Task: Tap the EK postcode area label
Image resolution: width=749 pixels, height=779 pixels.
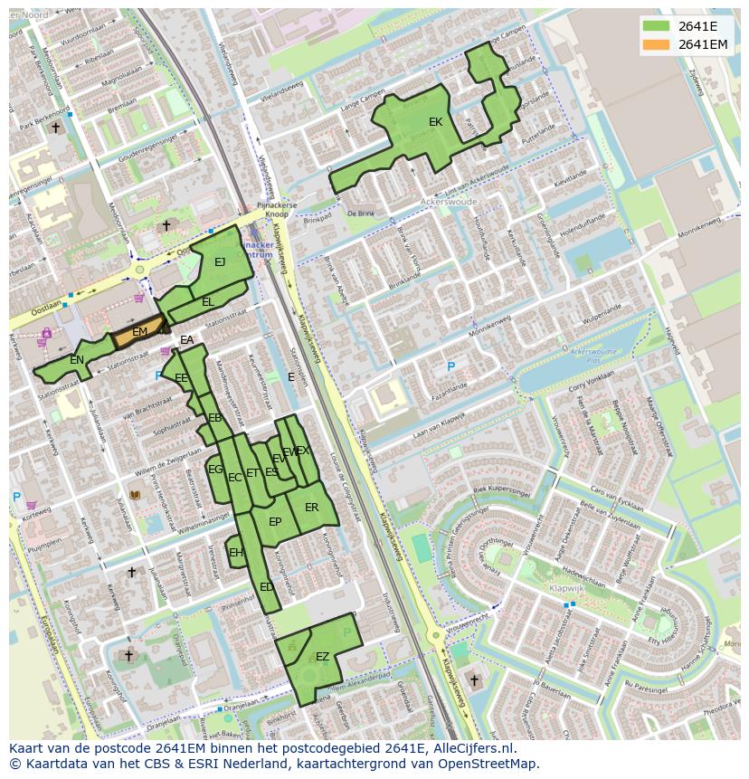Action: point(435,122)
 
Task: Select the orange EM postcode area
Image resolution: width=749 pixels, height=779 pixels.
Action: point(139,333)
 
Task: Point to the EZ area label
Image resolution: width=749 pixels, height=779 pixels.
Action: point(322,657)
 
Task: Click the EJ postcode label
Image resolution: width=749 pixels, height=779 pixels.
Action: point(219,262)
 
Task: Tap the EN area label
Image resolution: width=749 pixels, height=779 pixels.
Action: point(77,360)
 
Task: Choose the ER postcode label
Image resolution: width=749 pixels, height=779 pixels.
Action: point(311,508)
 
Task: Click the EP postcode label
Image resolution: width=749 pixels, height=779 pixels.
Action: point(275,522)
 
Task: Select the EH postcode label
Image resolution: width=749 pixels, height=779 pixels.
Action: point(236,553)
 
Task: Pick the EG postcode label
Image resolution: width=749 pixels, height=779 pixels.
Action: point(215,470)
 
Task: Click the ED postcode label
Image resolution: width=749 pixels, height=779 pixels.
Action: point(266,587)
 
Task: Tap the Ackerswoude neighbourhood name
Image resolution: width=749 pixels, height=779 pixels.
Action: point(449,203)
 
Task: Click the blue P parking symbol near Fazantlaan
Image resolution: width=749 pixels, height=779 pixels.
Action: point(450,366)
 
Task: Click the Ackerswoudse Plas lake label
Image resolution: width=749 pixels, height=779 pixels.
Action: point(593,354)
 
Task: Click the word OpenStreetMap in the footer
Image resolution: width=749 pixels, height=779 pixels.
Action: point(488,764)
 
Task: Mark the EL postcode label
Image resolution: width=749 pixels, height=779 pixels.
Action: point(208,302)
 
